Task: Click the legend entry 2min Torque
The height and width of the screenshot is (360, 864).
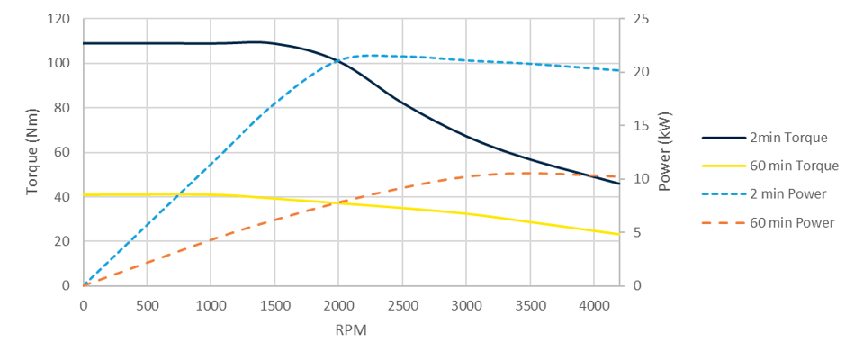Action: pyautogui.click(x=787, y=138)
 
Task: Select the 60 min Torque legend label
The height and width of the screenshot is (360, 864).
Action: pyautogui.click(x=794, y=166)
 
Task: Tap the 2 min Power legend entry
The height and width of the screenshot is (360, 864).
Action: pyautogui.click(x=787, y=193)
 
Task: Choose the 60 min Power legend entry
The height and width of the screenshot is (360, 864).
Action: pyautogui.click(x=791, y=222)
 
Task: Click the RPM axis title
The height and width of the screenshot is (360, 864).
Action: pyautogui.click(x=351, y=330)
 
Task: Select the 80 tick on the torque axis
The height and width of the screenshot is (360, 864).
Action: pyautogui.click(x=61, y=108)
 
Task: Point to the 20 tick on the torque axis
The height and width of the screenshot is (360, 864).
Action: pyautogui.click(x=61, y=241)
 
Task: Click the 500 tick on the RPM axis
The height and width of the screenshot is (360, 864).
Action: pyautogui.click(x=147, y=305)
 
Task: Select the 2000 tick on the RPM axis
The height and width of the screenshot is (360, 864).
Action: pyautogui.click(x=338, y=305)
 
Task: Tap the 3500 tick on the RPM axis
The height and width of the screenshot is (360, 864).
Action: pyautogui.click(x=530, y=305)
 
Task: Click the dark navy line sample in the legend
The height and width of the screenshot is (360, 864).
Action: pyautogui.click(x=723, y=138)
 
